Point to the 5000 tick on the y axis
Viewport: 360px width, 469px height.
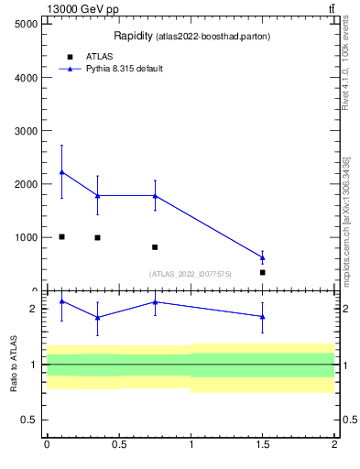23,24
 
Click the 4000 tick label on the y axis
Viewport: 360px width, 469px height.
23,77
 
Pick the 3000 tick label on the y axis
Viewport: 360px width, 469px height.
23,131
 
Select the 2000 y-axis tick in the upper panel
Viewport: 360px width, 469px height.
23,184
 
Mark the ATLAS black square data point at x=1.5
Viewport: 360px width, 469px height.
263,272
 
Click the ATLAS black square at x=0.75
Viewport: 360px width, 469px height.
155,247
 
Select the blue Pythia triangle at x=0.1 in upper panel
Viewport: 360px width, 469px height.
61,172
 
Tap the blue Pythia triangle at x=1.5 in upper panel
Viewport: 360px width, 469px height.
263,257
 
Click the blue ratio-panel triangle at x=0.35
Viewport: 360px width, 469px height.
97,317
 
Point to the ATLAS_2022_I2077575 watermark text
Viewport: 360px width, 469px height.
191,273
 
